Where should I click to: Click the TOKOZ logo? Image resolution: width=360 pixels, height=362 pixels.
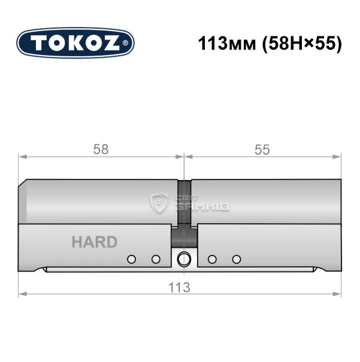pyautogui.click(x=75, y=43)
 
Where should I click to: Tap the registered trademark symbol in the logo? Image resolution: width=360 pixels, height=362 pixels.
pyautogui.click(x=125, y=43)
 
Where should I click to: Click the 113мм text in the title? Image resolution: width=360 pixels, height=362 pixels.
pyautogui.click(x=227, y=44)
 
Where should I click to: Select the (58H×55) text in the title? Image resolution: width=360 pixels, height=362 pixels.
pyautogui.click(x=301, y=44)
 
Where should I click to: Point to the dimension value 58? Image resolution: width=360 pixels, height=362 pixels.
pyautogui.click(x=101, y=150)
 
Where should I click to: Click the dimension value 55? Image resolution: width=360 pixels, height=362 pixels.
pyautogui.click(x=262, y=150)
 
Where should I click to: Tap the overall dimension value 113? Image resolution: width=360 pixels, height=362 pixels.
pyautogui.click(x=179, y=287)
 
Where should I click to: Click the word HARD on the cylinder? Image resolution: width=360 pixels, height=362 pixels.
pyautogui.click(x=95, y=242)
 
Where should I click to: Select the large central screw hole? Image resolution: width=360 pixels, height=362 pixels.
pyautogui.click(x=184, y=259)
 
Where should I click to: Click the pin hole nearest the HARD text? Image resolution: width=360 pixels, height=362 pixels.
pyautogui.click(x=131, y=259)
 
